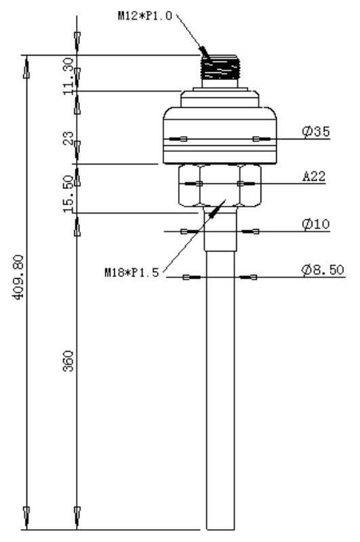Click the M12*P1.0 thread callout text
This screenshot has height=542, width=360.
144,16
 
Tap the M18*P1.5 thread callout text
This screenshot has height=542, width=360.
132,272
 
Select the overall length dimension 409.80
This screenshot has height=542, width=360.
18,276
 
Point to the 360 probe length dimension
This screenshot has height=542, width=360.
68,361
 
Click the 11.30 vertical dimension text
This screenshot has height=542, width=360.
68,76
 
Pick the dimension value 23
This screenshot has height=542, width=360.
68,138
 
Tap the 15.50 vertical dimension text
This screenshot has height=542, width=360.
68,194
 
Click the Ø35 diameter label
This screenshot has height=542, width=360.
316,131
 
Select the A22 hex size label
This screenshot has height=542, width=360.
315,176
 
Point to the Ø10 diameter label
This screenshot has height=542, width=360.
316,224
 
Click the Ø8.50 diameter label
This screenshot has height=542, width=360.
323,270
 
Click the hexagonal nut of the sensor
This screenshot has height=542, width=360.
220,186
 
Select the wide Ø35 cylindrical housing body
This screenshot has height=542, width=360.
220,135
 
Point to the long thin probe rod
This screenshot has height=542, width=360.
220,390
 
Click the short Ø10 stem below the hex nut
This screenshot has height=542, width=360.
220,229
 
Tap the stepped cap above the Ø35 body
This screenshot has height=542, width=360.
220,98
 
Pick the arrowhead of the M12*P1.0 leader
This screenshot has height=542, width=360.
205,54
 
